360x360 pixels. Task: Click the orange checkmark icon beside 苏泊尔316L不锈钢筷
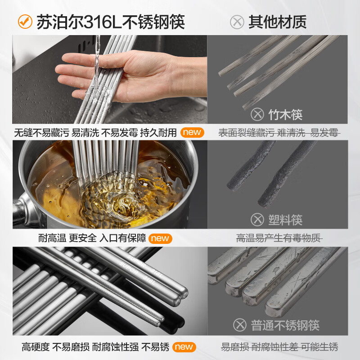tap(25, 21)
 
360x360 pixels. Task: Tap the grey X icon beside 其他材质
tap(237, 22)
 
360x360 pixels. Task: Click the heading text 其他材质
tap(277, 22)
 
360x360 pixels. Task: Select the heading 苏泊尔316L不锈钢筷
tap(111, 21)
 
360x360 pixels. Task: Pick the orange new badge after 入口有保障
tap(160, 238)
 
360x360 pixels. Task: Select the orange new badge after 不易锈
tap(184, 347)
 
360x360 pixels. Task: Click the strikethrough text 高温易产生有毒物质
tap(279, 238)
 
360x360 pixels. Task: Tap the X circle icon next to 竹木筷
tap(257, 115)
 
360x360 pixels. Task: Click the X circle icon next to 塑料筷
tap(257, 220)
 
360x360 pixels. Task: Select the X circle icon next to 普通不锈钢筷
tap(240, 325)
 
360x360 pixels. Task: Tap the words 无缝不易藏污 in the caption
tap(41, 133)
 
